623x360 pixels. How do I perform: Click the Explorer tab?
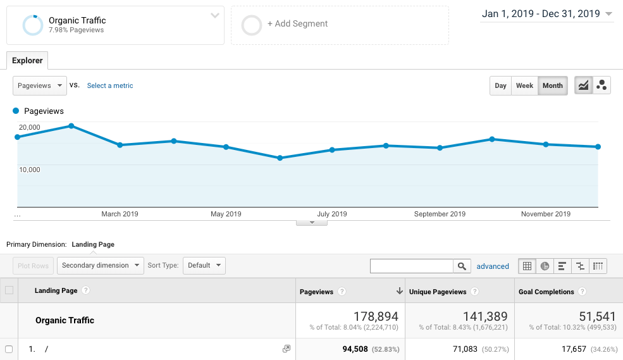27,61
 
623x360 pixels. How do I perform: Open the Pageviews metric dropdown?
40,86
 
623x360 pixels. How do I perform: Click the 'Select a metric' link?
110,86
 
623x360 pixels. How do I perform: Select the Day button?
500,86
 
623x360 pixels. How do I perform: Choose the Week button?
524,86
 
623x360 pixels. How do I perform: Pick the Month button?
552,86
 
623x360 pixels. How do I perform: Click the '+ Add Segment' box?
340,25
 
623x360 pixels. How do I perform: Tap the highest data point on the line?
71,126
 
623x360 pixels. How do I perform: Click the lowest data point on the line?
280,158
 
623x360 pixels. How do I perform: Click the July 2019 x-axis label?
332,214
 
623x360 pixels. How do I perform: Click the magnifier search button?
462,266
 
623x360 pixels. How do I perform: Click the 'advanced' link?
493,266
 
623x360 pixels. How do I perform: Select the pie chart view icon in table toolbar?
545,266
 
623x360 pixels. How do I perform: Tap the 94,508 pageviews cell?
340,349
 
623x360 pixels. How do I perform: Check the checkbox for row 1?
9,349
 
